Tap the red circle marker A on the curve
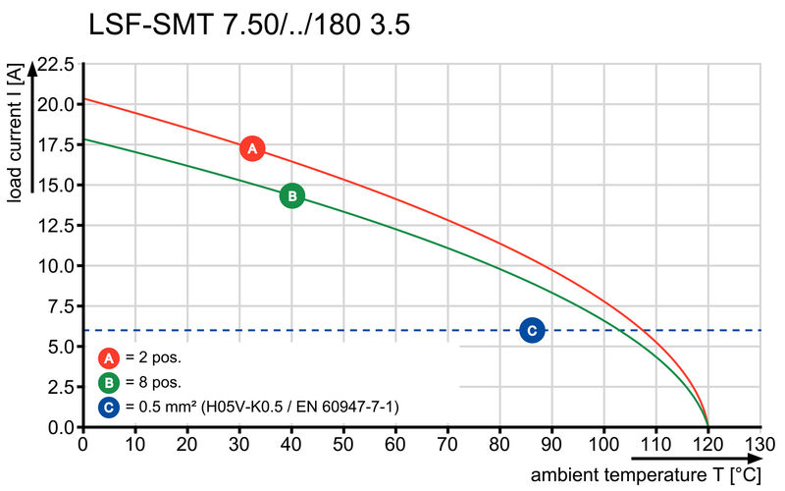coord(252,149)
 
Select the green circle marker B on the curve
coord(291,196)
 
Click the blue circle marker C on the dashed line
coord(532,331)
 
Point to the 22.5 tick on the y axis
coord(55,65)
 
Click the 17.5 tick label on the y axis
coord(55,145)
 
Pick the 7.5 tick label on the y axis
coord(60,307)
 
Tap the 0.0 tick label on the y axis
coord(60,428)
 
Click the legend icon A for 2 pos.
coord(109,357)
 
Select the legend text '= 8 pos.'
coord(153,382)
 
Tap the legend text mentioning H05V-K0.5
coord(261,406)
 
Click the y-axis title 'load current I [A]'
coord(15,134)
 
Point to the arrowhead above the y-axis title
coord(35,68)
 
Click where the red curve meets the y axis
coord(83,99)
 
